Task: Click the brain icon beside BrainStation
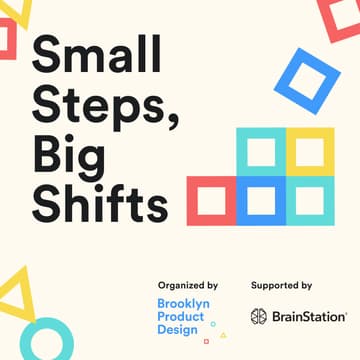pos(259,316)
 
